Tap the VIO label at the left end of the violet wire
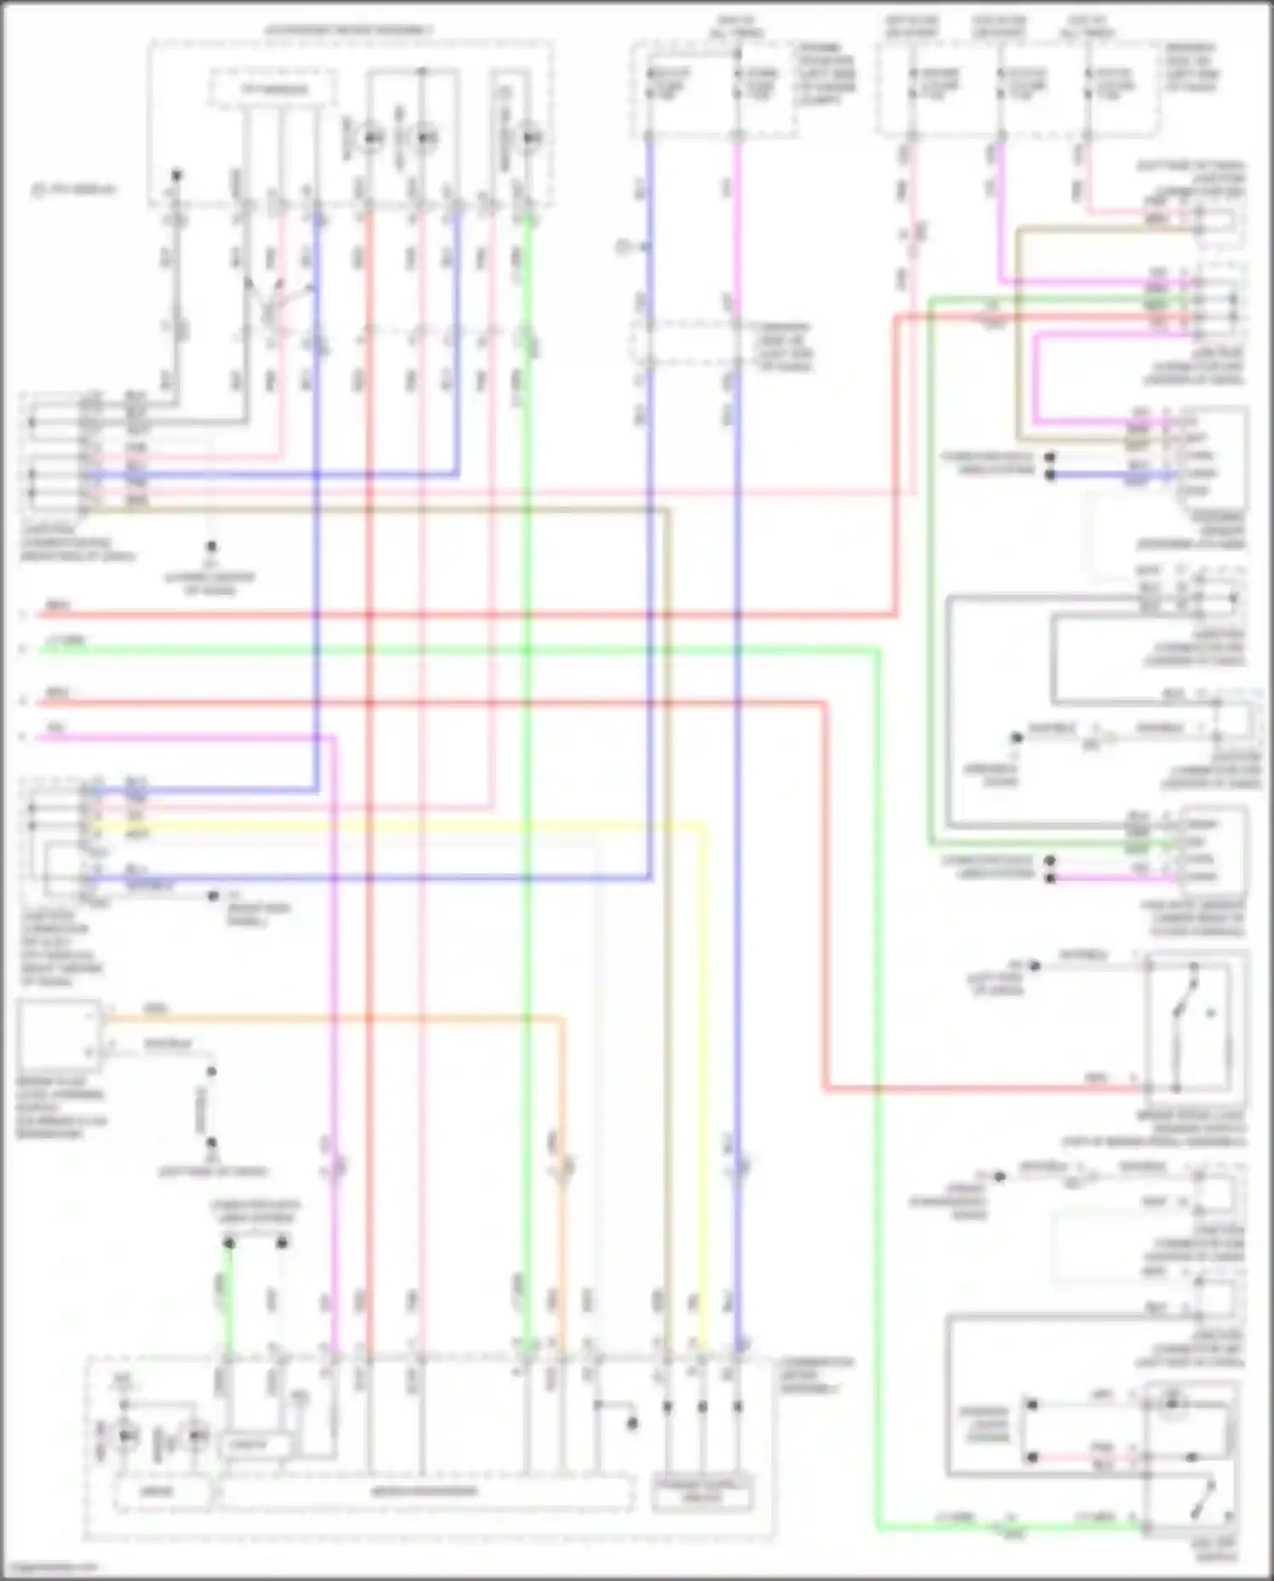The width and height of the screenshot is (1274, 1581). [56, 729]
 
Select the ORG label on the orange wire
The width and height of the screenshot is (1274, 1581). [156, 1009]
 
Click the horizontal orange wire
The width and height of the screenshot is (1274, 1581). [340, 1017]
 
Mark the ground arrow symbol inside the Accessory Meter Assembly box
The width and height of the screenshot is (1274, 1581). [176, 176]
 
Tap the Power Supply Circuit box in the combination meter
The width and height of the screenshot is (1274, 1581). [702, 1496]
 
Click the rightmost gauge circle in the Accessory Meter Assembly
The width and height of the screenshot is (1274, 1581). [530, 136]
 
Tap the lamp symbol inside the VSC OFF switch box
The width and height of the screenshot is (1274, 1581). [1172, 1403]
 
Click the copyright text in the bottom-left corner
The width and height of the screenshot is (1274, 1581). [51, 1567]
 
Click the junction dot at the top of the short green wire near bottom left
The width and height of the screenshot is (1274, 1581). [228, 1243]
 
